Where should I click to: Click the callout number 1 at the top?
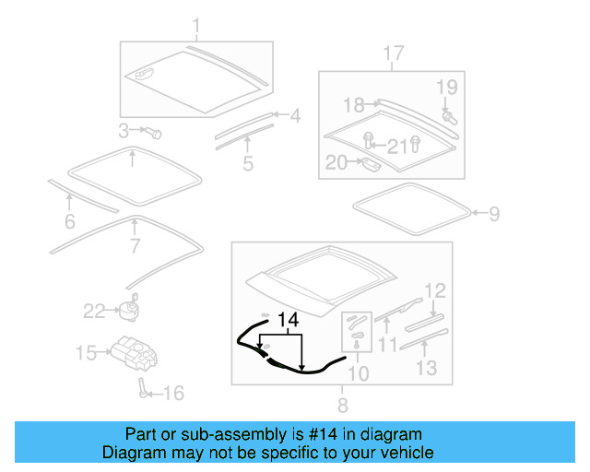(x=195, y=25)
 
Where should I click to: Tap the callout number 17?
(x=394, y=54)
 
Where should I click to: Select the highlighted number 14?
(x=289, y=320)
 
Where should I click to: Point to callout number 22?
(x=95, y=312)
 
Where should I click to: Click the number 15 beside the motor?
(x=87, y=352)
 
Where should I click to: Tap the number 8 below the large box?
(x=342, y=404)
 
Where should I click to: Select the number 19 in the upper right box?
(x=446, y=88)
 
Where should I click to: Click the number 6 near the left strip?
(x=69, y=221)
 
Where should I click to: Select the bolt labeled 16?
(x=143, y=387)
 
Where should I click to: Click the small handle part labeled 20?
(x=369, y=165)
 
